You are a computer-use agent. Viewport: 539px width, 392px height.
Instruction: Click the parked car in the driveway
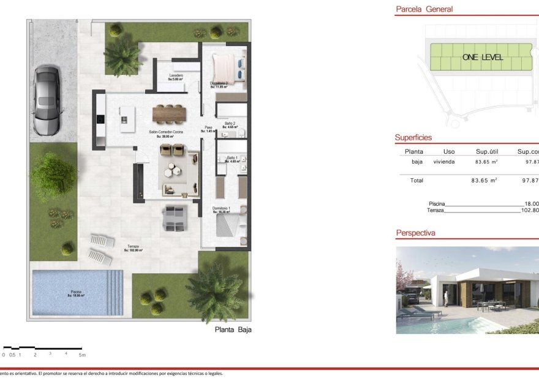[x=47, y=101]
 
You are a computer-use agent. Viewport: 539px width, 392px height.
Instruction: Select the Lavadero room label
[x=176, y=76]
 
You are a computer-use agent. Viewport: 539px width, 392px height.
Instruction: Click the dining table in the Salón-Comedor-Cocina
[x=168, y=113]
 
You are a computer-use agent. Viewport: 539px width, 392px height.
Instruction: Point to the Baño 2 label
[x=230, y=124]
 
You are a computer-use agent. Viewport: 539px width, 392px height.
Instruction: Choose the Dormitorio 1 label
[x=222, y=209]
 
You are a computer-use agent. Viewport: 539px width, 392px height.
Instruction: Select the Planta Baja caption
[x=233, y=330]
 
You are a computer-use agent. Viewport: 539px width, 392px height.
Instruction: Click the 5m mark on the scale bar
[x=82, y=355]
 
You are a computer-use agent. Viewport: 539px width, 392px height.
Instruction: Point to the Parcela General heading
[x=424, y=9]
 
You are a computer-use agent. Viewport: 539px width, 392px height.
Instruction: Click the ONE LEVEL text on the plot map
[x=483, y=57]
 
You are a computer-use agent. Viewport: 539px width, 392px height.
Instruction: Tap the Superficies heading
[x=413, y=138]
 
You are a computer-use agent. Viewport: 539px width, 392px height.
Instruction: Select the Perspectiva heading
[x=415, y=233]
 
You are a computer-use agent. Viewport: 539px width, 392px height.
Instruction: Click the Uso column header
[x=449, y=151]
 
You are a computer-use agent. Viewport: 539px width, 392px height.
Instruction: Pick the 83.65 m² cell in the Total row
[x=484, y=181]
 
